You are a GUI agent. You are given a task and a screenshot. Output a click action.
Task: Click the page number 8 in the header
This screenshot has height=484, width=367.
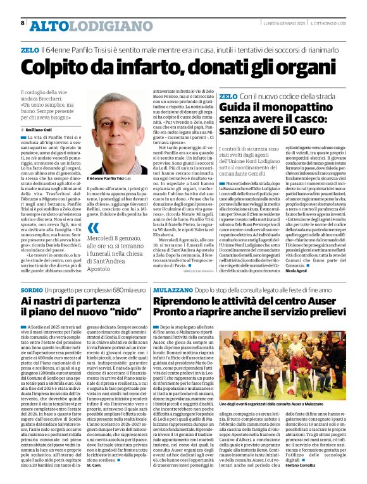pos(23,23)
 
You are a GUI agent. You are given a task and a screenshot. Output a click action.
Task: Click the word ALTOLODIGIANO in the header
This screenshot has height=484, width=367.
pos(82,25)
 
